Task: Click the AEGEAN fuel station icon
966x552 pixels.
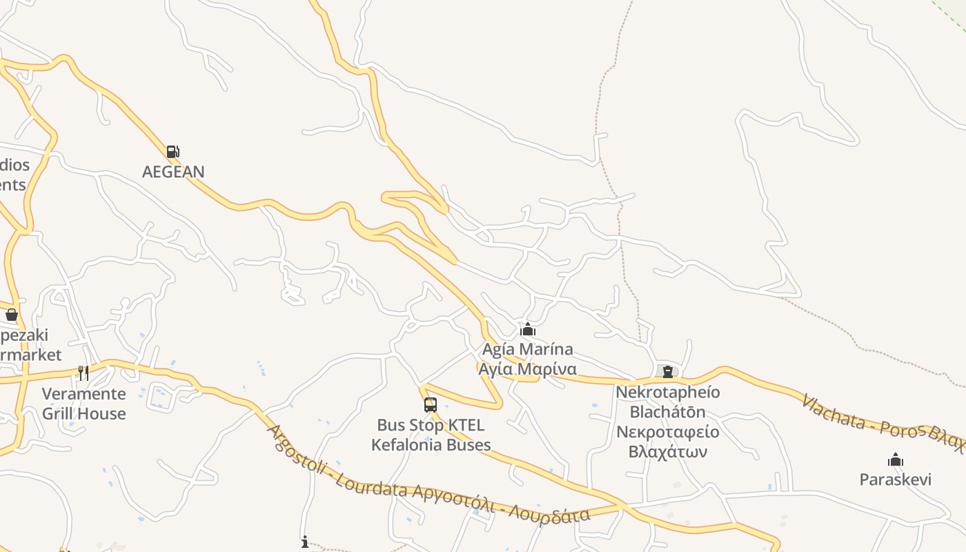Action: (x=172, y=152)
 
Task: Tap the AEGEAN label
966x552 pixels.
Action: (x=173, y=172)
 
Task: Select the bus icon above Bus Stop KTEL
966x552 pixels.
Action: (x=431, y=405)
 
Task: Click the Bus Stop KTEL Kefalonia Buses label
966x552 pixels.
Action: (x=431, y=435)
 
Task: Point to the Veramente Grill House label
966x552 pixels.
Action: (x=84, y=404)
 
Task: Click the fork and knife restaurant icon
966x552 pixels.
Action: (x=83, y=373)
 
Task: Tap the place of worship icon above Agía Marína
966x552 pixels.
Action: (x=528, y=330)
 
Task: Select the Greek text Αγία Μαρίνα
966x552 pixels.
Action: (x=528, y=369)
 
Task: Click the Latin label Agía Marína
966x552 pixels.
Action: (x=528, y=349)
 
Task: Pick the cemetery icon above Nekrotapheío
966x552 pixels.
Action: (x=667, y=372)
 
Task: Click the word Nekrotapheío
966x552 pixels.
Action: (x=667, y=393)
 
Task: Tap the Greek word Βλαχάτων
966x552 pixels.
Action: (x=667, y=452)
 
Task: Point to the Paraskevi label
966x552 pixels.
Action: (x=895, y=480)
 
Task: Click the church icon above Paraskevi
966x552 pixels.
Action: (x=896, y=460)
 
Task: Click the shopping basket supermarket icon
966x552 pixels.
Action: (x=12, y=315)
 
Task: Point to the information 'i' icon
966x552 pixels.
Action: (x=305, y=542)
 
